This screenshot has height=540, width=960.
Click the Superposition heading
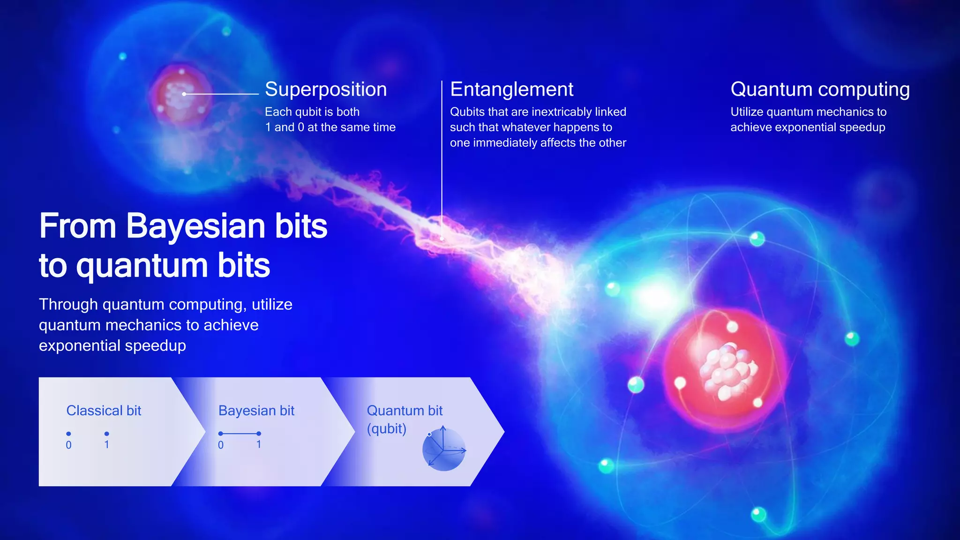coord(326,90)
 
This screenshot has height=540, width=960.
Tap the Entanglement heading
coord(511,90)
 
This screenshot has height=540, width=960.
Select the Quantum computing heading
coord(820,90)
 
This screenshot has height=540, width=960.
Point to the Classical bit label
coord(104,411)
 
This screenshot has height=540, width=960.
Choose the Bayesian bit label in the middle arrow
coord(256,411)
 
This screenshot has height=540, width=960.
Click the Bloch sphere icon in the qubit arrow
coord(443,449)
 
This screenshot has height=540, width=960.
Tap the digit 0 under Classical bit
coord(68,445)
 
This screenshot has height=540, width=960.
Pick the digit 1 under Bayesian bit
coord(259,444)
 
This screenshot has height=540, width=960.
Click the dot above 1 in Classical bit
coord(107,434)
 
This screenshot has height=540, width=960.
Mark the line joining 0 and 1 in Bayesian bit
coord(240,434)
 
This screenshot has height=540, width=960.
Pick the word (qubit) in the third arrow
coord(386,429)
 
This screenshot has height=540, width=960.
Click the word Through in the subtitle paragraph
coord(68,305)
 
